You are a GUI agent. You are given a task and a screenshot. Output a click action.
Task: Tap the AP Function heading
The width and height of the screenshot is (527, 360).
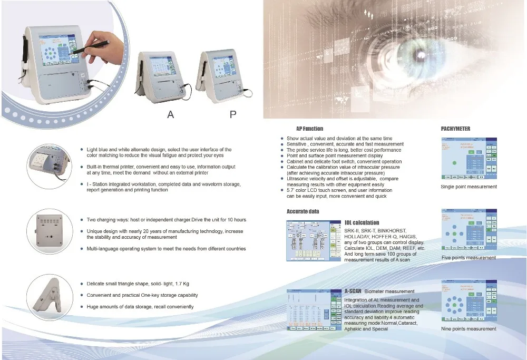309,129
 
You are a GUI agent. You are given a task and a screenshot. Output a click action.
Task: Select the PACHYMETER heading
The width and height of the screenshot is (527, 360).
455,129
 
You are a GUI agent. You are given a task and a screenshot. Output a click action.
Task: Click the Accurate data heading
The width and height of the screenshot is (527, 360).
302,211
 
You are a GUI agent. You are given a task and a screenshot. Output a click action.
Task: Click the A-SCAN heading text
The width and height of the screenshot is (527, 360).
353,291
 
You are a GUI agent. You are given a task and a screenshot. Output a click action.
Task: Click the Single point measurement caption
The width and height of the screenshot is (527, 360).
469,187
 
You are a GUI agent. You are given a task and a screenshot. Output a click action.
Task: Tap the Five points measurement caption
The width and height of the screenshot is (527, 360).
469,258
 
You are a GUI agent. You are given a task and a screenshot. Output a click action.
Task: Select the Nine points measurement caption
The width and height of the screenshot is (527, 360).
469,329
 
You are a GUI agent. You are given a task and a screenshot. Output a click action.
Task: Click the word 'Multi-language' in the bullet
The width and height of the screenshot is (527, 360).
103,249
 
